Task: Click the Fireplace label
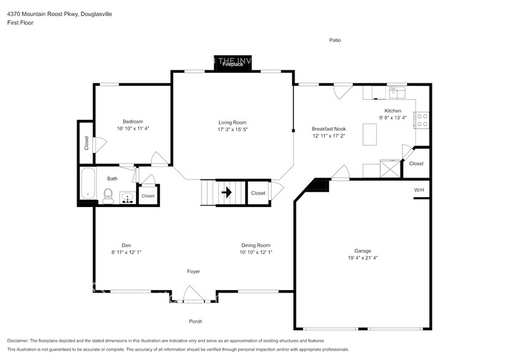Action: tap(233, 64)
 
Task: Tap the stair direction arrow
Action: tap(226, 193)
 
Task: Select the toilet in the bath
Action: tap(108, 195)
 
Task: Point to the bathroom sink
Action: tap(128, 197)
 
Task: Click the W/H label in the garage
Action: tap(419, 190)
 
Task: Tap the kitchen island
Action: tap(369, 134)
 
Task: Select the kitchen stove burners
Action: tap(421, 119)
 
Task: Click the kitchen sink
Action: tap(397, 93)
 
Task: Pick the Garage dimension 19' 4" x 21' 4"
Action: tap(363, 258)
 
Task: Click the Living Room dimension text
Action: tap(232, 130)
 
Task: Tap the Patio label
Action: tap(334, 40)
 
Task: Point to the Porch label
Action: tap(195, 321)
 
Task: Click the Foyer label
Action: tap(194, 271)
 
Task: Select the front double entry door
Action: tap(194, 296)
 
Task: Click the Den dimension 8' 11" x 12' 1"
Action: tap(126, 252)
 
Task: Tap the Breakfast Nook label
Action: tap(329, 129)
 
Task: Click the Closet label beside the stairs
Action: tap(258, 193)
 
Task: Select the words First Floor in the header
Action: tap(20, 23)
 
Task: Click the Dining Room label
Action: tap(255, 245)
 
